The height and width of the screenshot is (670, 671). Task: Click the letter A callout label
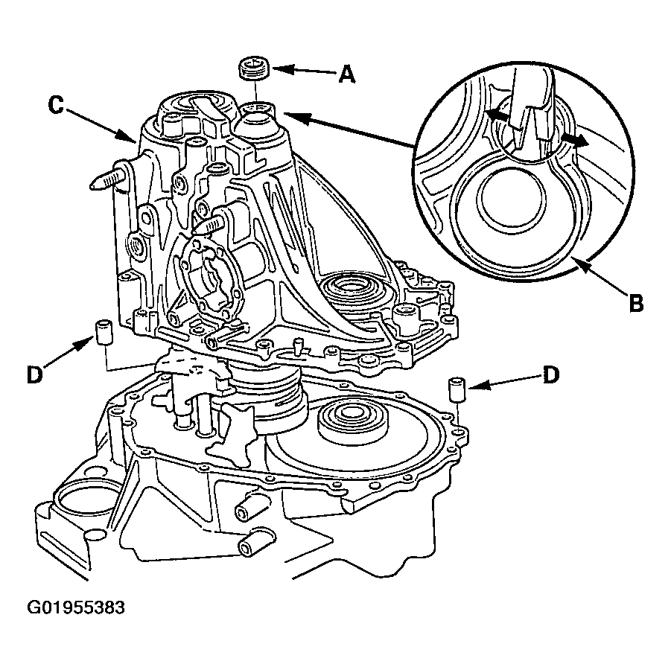(346, 75)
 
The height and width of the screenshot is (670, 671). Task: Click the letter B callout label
(636, 302)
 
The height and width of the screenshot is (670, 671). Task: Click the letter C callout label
(56, 105)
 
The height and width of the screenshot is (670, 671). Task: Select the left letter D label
(35, 374)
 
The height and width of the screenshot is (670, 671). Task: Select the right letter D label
(551, 374)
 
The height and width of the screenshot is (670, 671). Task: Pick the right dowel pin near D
(457, 389)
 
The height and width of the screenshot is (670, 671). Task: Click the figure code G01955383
(76, 608)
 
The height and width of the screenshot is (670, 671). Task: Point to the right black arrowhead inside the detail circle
(577, 139)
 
